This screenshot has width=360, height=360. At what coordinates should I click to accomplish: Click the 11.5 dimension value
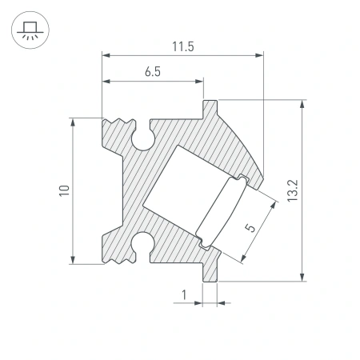[x=182, y=46]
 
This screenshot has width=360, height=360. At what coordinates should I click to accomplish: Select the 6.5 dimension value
[x=153, y=72]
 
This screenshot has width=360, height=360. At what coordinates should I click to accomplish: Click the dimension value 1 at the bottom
[x=184, y=295]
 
